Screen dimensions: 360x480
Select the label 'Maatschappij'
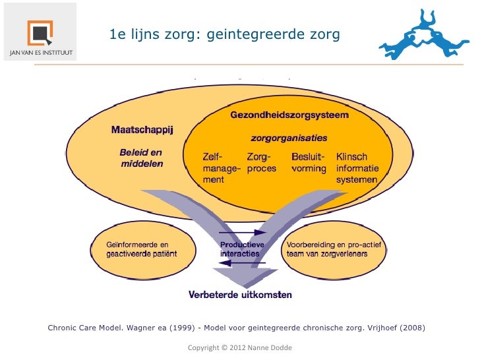pos(142,129)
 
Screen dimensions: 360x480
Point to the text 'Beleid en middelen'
pos(141,158)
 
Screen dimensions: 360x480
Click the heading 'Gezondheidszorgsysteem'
pos(289,115)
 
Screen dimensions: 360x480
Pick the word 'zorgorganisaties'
pos(289,138)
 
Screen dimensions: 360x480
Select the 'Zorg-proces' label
pos(262,163)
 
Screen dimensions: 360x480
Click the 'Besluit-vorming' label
pos(308,163)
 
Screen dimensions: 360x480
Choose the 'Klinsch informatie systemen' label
pos(357,168)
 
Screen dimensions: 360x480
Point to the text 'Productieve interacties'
pos(241,249)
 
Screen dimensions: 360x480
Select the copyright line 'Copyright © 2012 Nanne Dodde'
pos(239,347)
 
